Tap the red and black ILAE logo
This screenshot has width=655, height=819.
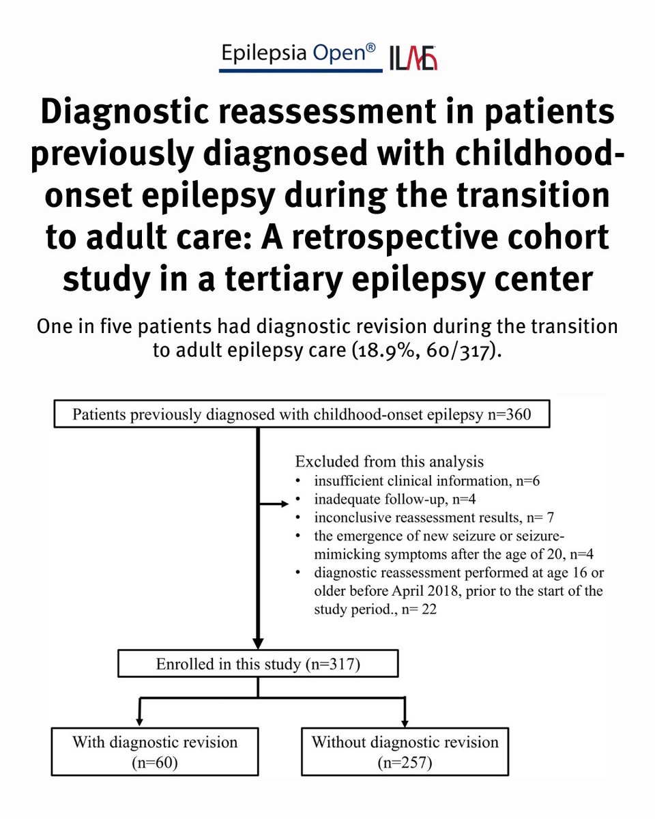click(413, 58)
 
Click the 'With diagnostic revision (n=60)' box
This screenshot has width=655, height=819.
click(156, 751)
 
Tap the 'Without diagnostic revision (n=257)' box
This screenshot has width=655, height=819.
click(405, 751)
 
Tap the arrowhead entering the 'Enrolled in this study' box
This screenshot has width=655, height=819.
click(257, 644)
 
